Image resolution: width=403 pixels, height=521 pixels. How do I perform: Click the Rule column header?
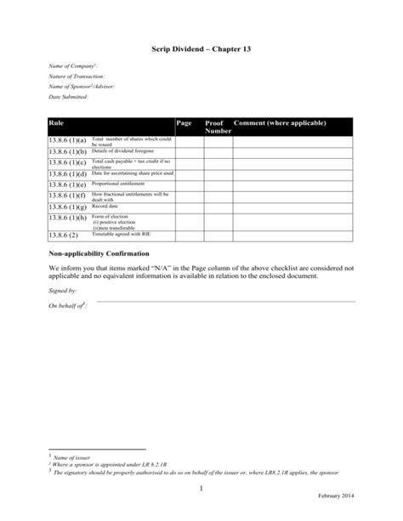point(59,124)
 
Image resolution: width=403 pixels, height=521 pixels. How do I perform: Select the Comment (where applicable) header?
point(280,124)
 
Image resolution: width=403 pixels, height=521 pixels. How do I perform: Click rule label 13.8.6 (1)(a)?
point(68,139)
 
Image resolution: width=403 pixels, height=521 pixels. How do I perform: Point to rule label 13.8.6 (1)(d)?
point(68,173)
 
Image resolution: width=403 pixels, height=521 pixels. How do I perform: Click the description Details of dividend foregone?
point(120,149)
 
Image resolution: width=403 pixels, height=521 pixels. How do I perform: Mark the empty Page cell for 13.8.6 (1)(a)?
point(188,139)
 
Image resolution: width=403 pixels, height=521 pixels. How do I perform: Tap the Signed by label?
point(62,291)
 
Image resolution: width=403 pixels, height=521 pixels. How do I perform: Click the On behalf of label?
point(67,304)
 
